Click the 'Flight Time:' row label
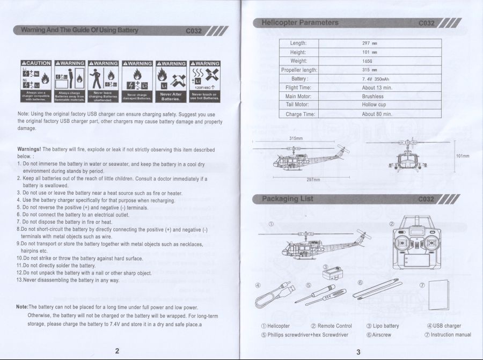298,87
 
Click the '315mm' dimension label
296,138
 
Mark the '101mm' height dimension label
462,156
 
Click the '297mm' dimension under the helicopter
313,180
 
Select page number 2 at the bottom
117,351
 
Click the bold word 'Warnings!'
30,149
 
